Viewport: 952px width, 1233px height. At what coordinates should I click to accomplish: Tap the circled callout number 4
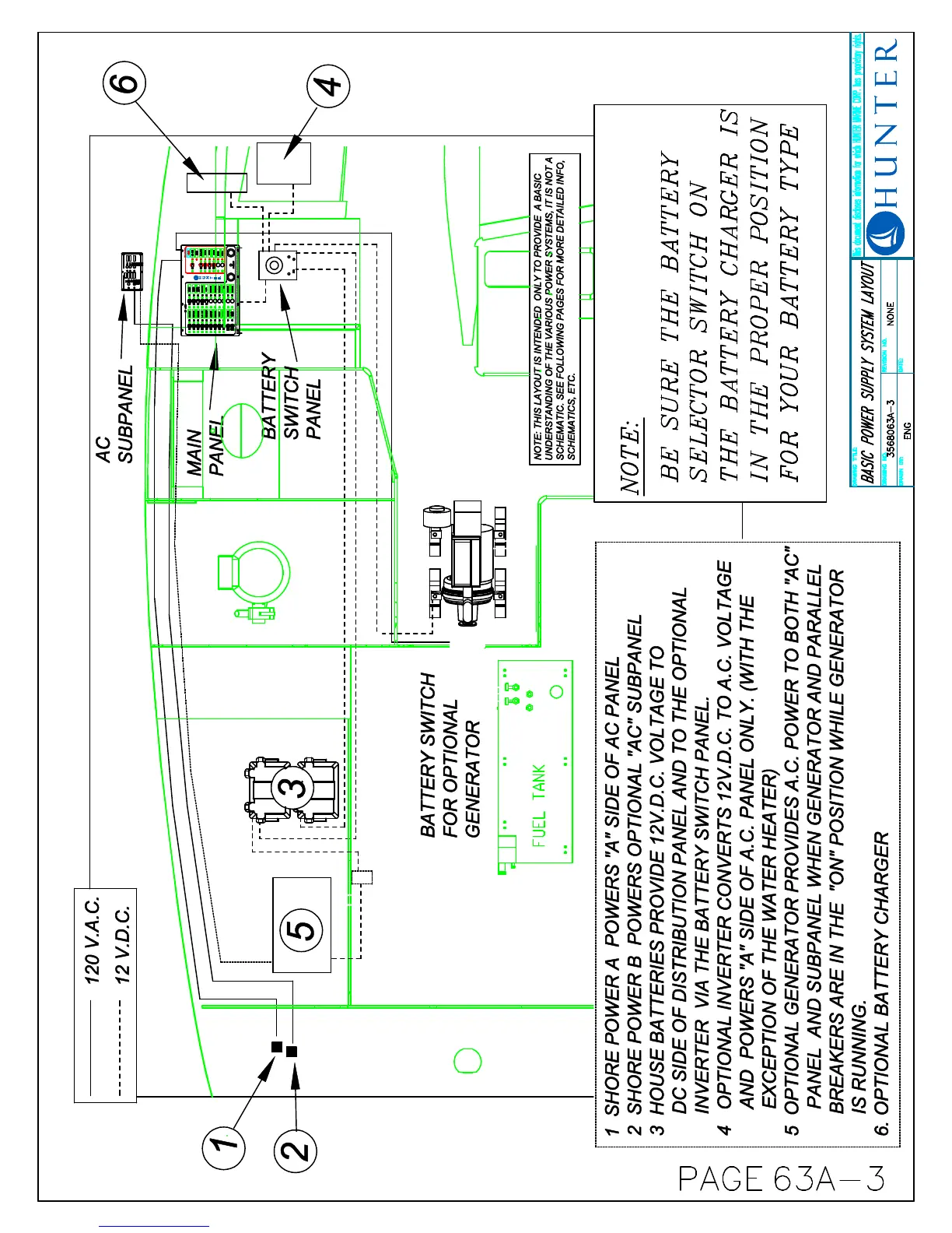click(328, 84)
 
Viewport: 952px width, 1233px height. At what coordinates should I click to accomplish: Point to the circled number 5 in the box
click(302, 925)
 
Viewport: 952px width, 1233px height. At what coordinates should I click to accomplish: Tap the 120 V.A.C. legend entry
click(93, 940)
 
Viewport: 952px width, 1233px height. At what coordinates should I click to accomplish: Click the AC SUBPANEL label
click(114, 414)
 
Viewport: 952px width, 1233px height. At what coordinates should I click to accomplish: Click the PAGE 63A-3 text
click(782, 1179)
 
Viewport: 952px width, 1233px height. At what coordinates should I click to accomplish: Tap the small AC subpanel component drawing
click(131, 270)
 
